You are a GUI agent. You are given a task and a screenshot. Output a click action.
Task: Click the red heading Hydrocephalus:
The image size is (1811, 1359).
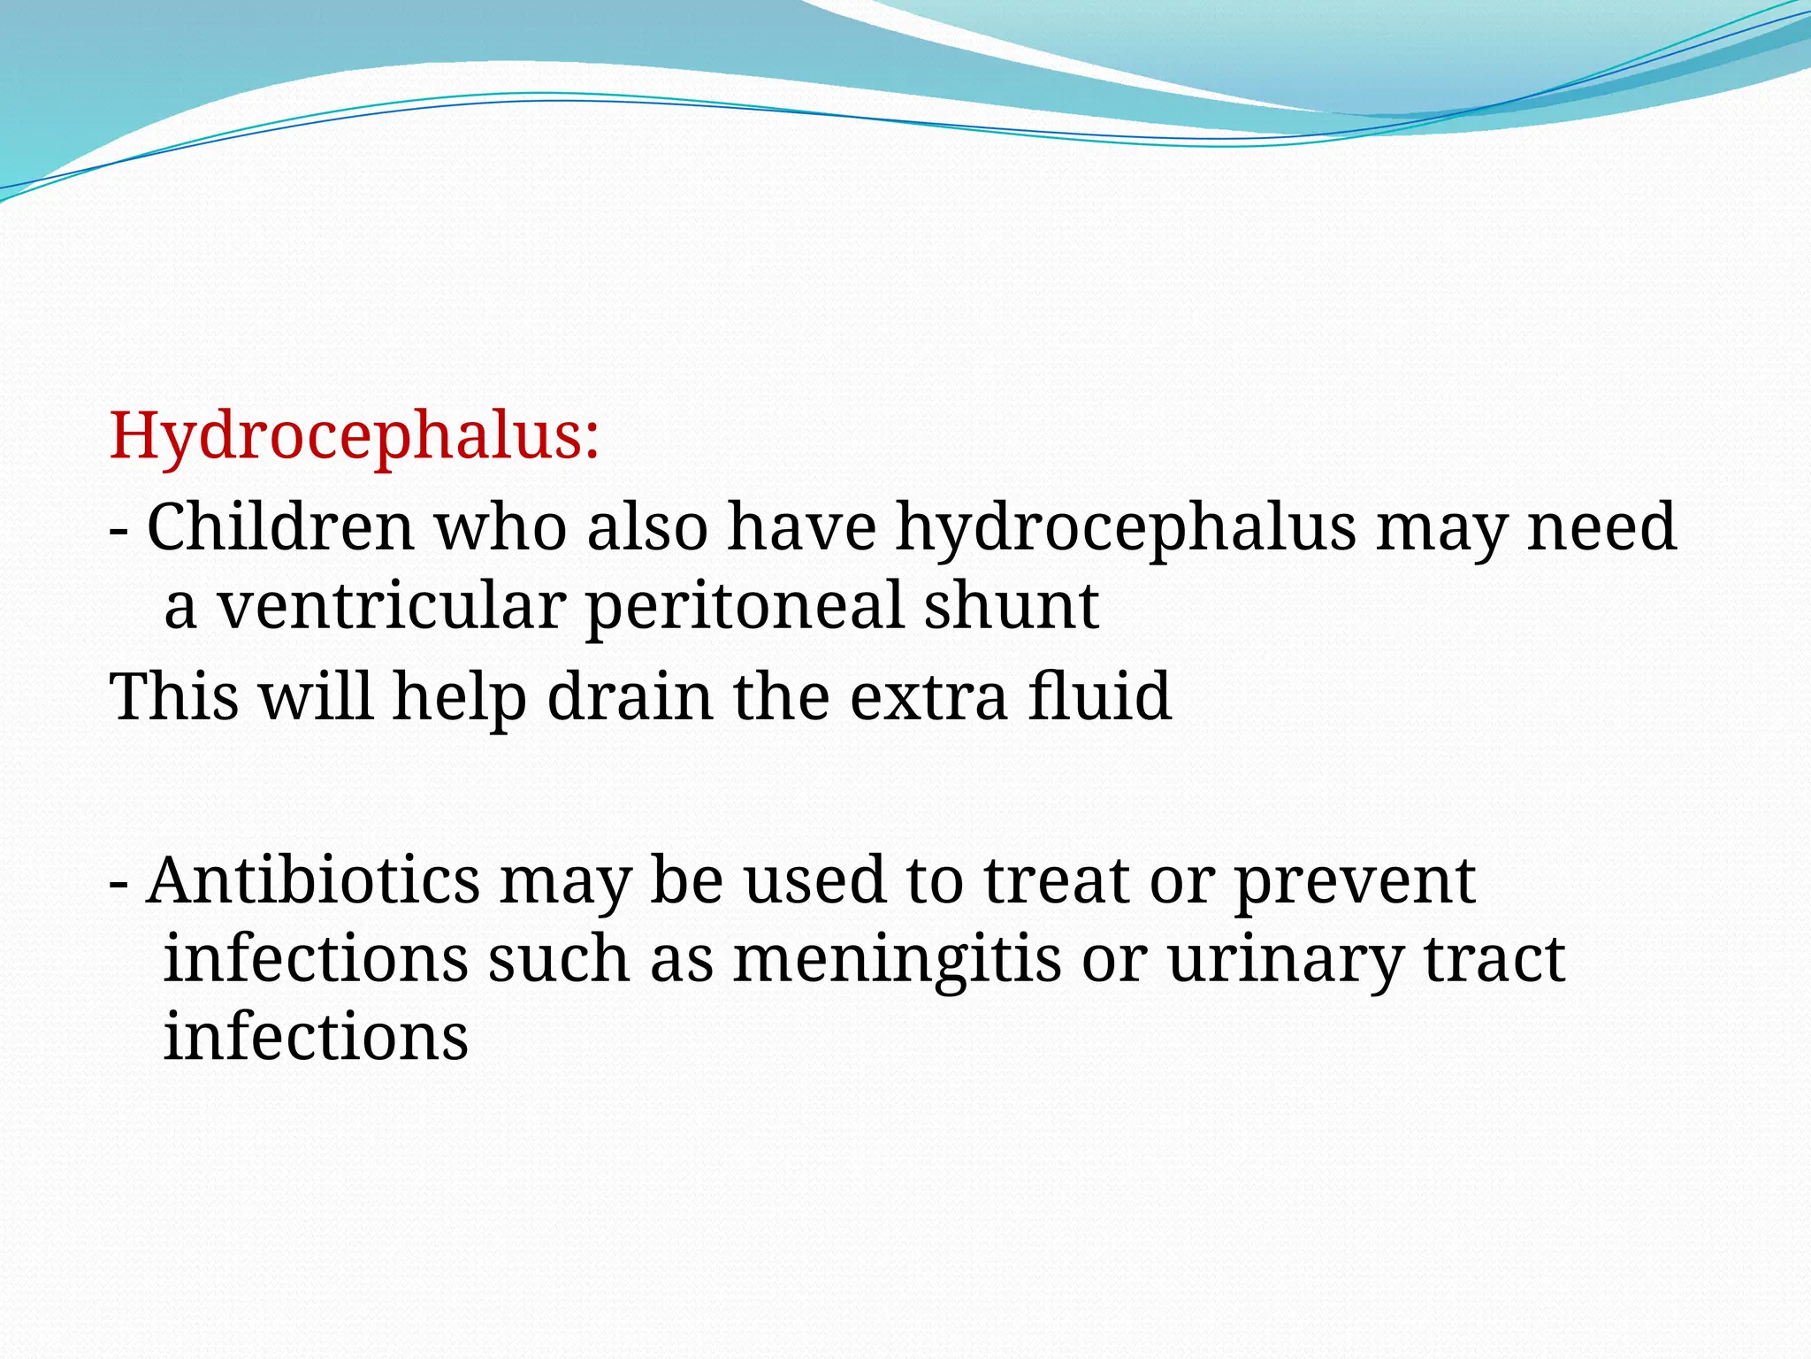pos(355,437)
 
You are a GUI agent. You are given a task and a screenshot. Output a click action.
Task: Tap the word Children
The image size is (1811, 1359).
pos(280,528)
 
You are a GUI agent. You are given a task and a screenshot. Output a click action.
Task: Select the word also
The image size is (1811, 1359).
pos(647,528)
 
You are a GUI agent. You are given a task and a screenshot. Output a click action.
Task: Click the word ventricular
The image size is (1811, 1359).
pos(392,607)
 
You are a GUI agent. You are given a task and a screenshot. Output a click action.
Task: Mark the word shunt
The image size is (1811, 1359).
pos(1011,607)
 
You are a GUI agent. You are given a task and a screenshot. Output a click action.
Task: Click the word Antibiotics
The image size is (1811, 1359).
pos(313,881)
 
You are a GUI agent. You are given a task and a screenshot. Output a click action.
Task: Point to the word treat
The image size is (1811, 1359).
pos(1056,883)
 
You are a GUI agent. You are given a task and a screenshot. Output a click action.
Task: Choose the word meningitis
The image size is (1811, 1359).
pos(897,961)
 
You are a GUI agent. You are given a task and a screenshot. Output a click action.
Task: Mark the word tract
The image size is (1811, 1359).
pos(1494,961)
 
